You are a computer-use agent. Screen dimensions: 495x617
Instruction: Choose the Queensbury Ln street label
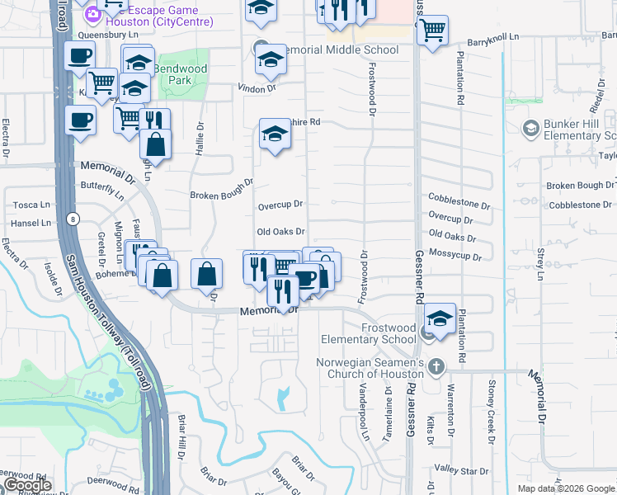pos(107,35)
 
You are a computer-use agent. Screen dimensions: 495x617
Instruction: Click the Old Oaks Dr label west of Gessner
pos(280,233)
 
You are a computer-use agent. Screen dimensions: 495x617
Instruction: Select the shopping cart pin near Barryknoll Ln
pos(432,31)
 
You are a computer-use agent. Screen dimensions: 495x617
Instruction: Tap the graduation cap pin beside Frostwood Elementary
pos(440,318)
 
